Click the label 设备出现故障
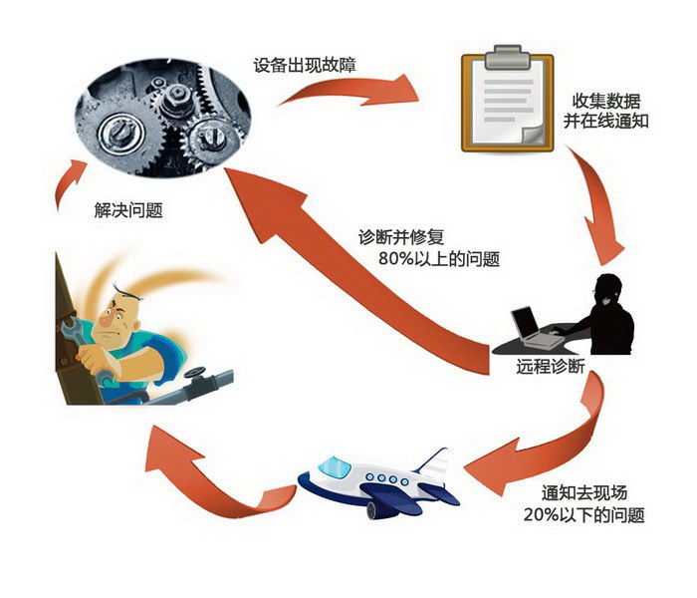[305, 67]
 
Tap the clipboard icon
[506, 100]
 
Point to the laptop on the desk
[527, 325]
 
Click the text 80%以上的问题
[438, 259]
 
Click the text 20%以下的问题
[583, 515]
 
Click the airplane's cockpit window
[333, 466]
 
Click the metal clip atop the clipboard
[506, 51]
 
